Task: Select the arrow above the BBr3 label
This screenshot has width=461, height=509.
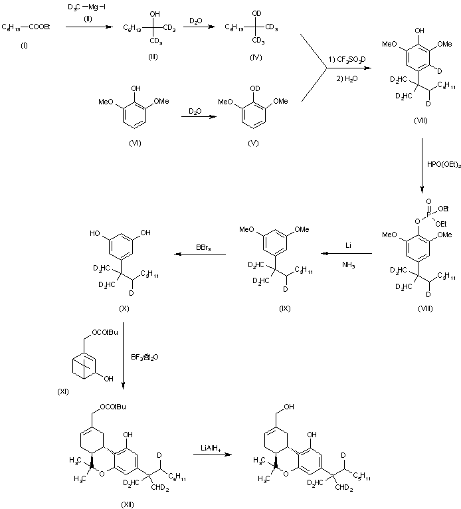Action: tap(200, 253)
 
